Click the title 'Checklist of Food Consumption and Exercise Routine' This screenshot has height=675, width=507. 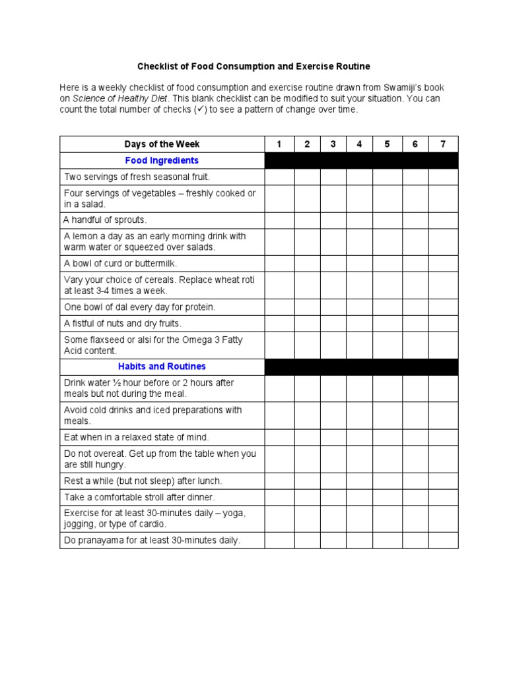[253, 67]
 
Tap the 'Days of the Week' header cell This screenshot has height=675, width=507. [162, 144]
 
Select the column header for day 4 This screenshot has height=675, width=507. [359, 144]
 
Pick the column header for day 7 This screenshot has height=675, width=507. [442, 144]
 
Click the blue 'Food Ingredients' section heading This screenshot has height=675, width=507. [162, 161]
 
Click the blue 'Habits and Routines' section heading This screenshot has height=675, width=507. [162, 367]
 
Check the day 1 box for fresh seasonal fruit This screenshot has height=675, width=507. [279, 177]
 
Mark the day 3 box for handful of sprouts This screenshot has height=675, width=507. [333, 220]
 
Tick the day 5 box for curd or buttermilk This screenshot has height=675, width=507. [388, 264]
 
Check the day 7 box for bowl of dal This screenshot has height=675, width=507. [442, 307]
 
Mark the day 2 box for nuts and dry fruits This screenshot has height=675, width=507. [308, 324]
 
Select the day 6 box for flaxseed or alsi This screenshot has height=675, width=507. [415, 345]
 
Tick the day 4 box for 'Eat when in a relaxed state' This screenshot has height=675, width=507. [359, 437]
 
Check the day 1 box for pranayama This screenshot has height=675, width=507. [279, 541]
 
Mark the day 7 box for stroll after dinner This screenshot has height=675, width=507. [442, 497]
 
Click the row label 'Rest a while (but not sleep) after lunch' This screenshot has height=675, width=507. [143, 481]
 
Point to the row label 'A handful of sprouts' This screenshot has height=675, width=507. [106, 220]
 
